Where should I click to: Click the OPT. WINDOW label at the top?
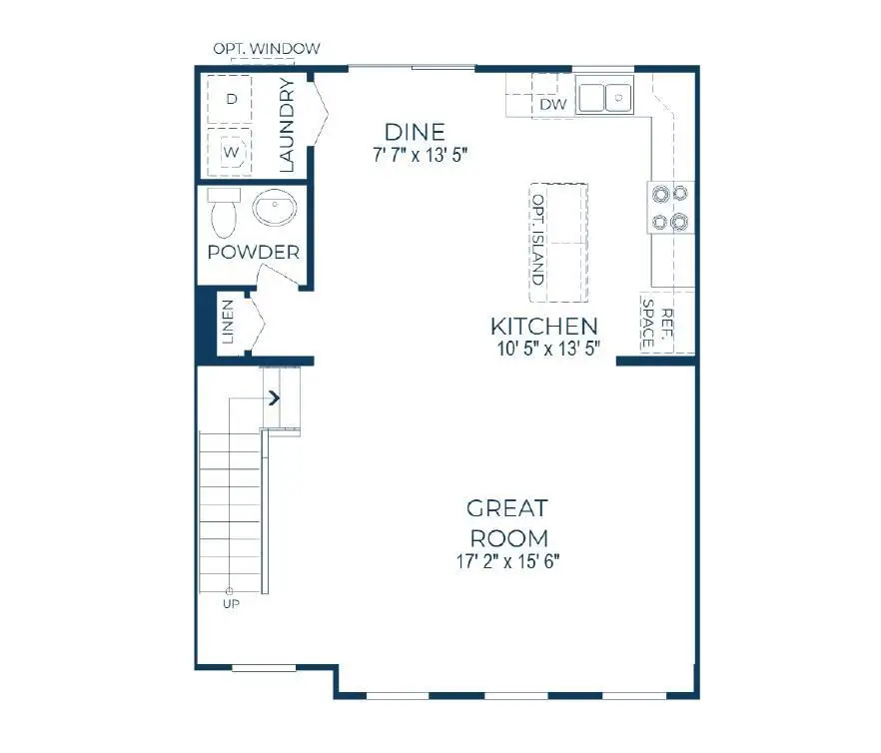266,48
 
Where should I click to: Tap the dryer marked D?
232,99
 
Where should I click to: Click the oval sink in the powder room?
274,210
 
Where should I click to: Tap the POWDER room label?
253,252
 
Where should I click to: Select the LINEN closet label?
228,322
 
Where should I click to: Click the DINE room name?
415,132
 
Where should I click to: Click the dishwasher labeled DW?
552,105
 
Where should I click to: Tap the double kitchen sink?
606,97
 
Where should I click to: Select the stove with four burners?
670,207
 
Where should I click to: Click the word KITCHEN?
544,326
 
